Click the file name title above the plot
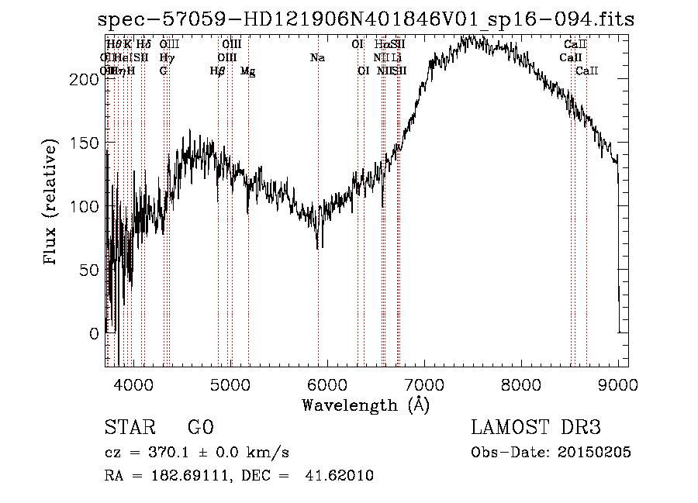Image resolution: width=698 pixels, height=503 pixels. pyautogui.click(x=366, y=19)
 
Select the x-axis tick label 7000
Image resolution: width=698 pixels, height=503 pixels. pyautogui.click(x=424, y=384)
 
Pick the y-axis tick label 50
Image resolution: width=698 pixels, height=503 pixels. pyautogui.click(x=92, y=270)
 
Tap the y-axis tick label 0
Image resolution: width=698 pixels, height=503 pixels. pyautogui.click(x=95, y=333)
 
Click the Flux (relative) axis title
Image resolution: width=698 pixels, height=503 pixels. pyautogui.click(x=52, y=203)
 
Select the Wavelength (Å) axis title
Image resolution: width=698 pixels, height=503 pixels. pyautogui.click(x=365, y=405)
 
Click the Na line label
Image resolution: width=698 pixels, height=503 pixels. pyautogui.click(x=317, y=57)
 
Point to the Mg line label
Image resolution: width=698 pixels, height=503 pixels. pyautogui.click(x=247, y=71)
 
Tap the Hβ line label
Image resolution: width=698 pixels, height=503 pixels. pyautogui.click(x=217, y=71)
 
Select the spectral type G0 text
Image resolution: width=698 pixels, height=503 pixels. pyautogui.click(x=200, y=428)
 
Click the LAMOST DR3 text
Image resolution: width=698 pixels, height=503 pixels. pyautogui.click(x=536, y=428)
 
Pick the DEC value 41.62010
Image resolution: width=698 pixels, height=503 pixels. pyautogui.click(x=344, y=476)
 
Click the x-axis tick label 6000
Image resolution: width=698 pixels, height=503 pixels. pyautogui.click(x=327, y=384)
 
